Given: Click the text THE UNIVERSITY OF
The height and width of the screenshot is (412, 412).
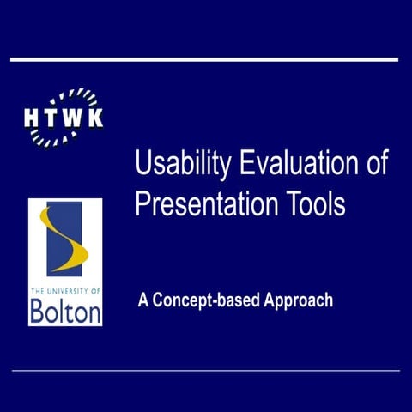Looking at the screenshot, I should tap(64, 291).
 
